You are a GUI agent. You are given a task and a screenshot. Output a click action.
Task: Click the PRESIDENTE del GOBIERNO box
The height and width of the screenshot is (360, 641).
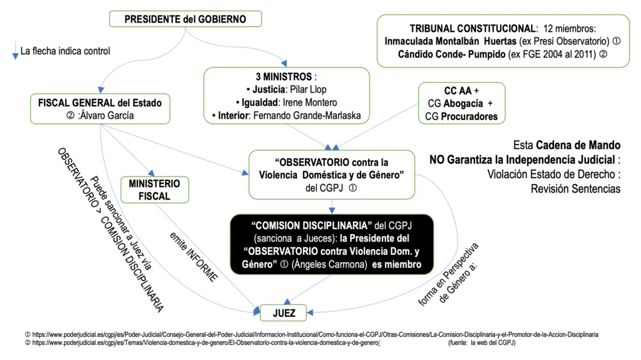point(185,19)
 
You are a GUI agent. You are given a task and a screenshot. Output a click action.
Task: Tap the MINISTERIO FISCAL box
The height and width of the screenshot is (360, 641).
point(154,190)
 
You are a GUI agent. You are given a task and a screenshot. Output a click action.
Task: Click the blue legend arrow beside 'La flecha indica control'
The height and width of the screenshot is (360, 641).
point(15,51)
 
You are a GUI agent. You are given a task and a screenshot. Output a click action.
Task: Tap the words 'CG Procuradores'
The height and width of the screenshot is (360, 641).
point(461,116)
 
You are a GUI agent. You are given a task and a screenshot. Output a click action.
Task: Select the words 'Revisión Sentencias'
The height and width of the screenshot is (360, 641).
point(575,188)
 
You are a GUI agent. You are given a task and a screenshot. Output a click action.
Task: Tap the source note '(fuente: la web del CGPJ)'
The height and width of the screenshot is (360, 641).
point(481,343)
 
